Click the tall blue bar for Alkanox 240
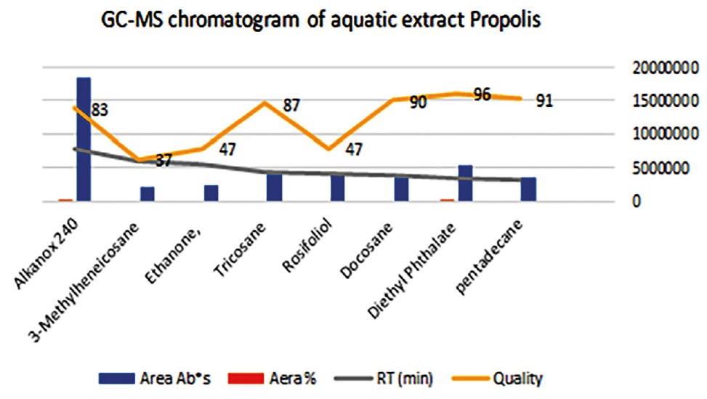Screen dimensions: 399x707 pos(84,138)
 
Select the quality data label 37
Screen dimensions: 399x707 pos(163,160)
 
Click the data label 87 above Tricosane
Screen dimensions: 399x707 pos(291,105)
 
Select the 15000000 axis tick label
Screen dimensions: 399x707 pos(658,101)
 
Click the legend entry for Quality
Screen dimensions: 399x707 pos(517,378)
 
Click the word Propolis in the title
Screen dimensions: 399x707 pos(501,22)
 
